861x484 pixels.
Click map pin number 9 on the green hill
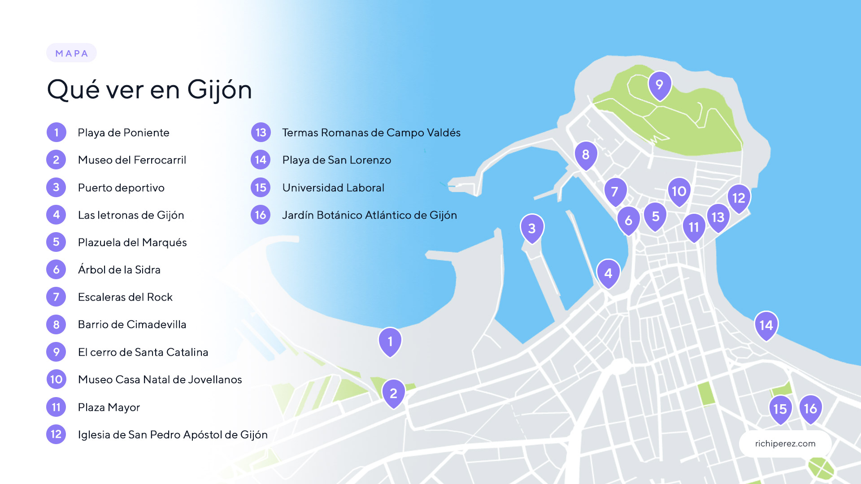[x=659, y=84]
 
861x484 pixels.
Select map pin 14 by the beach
[x=766, y=324]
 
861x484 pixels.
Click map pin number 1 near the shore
[x=390, y=341]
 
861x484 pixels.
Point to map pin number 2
[x=393, y=393]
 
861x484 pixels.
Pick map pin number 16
[x=810, y=408]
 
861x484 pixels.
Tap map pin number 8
[x=586, y=154]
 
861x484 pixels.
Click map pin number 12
[x=739, y=198]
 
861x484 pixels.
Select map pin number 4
[x=608, y=273]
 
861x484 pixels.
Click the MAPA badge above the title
[x=71, y=53]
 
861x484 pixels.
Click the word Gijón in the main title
[x=219, y=90]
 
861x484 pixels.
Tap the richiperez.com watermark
[x=785, y=444]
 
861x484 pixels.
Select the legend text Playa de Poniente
[x=123, y=133]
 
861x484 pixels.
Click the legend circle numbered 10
[x=56, y=380]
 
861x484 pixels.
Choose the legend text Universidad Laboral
[x=333, y=188]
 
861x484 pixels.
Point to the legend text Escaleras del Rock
[x=125, y=297]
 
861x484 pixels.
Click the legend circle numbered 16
[x=261, y=215]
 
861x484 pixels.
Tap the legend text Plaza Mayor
[x=109, y=407]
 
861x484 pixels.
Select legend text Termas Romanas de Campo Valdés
[x=371, y=133]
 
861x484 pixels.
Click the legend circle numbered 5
[x=56, y=242]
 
